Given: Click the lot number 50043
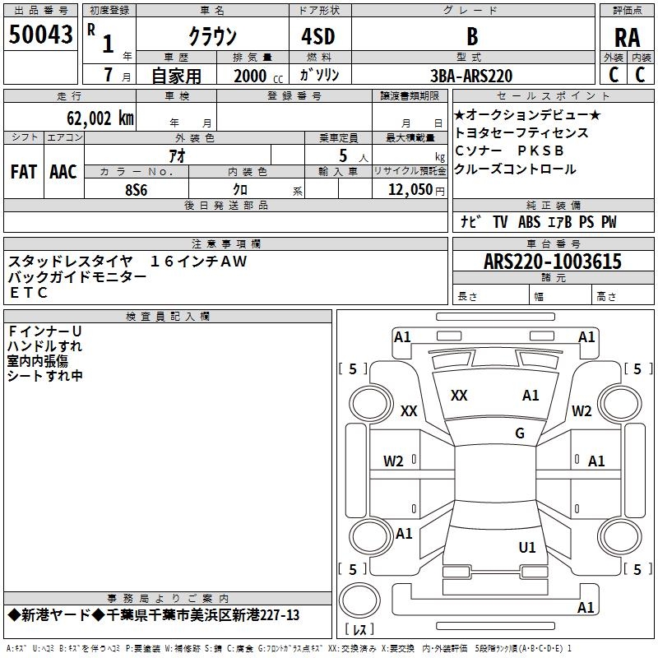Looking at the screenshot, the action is pyautogui.click(x=40, y=35).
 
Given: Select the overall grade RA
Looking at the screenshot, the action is pyautogui.click(x=627, y=38).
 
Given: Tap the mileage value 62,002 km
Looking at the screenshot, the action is pyautogui.click(x=100, y=118).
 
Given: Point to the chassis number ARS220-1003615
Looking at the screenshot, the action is pyautogui.click(x=553, y=262).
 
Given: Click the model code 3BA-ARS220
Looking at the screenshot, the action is pyautogui.click(x=471, y=76).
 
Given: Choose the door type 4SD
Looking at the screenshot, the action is pyautogui.click(x=318, y=36).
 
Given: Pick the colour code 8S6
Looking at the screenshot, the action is pyautogui.click(x=137, y=190).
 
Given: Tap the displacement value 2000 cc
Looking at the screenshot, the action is pyautogui.click(x=258, y=76).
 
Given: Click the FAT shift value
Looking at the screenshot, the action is pyautogui.click(x=24, y=172).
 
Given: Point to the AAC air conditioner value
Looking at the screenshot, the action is pyautogui.click(x=63, y=172).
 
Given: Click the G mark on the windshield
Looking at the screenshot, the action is pyautogui.click(x=520, y=433).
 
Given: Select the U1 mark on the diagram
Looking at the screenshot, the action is pyautogui.click(x=527, y=547).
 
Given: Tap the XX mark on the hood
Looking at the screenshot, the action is pyautogui.click(x=459, y=396).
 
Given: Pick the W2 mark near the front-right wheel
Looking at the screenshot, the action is pyautogui.click(x=582, y=410).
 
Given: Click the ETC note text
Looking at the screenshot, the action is pyautogui.click(x=28, y=293).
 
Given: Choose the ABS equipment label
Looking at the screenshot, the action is pyautogui.click(x=529, y=222).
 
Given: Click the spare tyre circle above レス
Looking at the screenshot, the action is pyautogui.click(x=359, y=600).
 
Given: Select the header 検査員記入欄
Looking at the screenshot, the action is pyautogui.click(x=168, y=317).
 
